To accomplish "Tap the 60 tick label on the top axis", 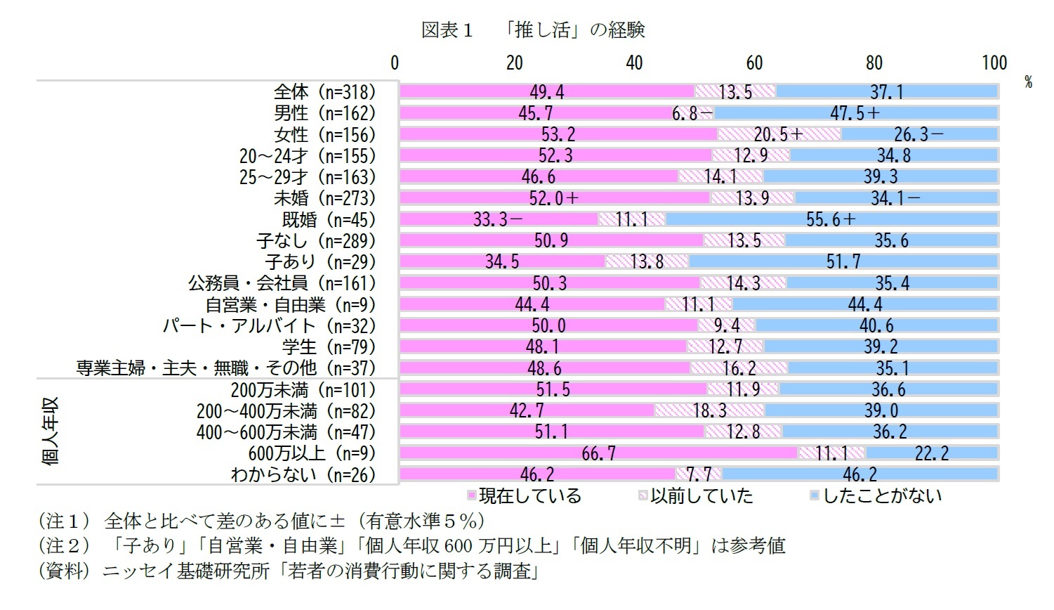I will [x=754, y=63].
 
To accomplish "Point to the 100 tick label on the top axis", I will [x=994, y=63].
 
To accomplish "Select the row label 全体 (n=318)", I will [x=324, y=92].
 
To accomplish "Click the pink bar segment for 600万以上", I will [x=598, y=453].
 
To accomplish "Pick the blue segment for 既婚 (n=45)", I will [x=831, y=220].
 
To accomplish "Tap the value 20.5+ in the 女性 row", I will [x=778, y=135].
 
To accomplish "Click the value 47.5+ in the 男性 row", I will [x=854, y=113].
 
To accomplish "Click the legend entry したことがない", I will [x=881, y=496].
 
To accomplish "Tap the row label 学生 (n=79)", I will [x=329, y=347].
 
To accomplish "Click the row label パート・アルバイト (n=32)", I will [x=269, y=326].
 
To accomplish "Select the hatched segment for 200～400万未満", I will [x=709, y=410].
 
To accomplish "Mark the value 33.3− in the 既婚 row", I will [x=497, y=220].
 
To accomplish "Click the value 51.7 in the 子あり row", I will [x=843, y=262].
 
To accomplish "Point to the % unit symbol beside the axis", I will [x=1028, y=82].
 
